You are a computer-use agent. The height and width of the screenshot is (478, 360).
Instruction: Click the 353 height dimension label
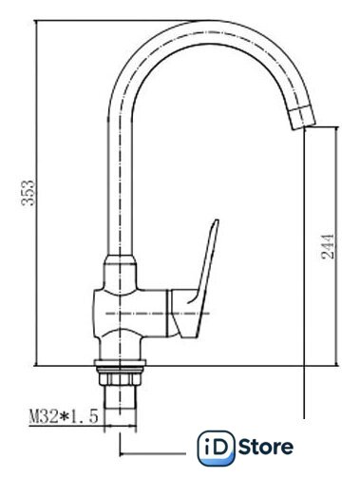click(28, 193)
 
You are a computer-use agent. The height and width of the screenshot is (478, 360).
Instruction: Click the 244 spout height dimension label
click(328, 247)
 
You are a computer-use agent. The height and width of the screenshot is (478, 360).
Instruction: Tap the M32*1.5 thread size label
click(64, 416)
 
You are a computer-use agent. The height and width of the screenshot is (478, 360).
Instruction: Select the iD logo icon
click(217, 448)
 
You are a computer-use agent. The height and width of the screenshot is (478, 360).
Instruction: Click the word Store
click(266, 447)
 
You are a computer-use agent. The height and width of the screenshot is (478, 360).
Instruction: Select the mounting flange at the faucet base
click(120, 363)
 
